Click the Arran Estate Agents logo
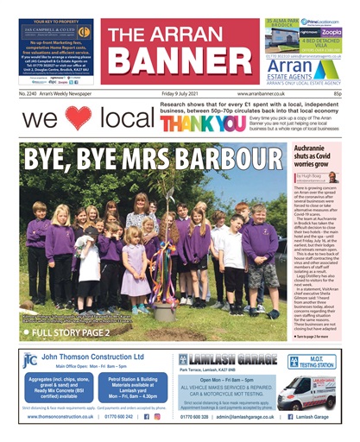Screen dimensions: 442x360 click(x=306, y=66)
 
